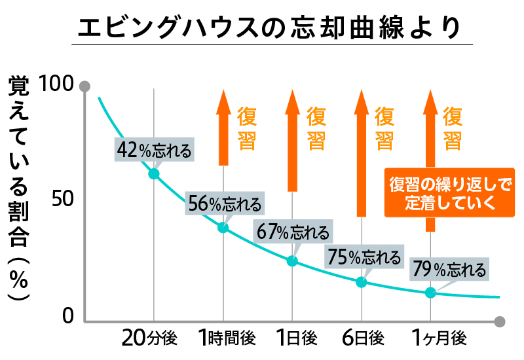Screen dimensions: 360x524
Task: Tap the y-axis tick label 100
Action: (58, 85)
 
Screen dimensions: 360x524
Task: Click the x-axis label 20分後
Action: (150, 338)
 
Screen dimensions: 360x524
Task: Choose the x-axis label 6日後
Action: (362, 338)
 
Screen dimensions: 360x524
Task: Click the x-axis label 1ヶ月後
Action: (438, 338)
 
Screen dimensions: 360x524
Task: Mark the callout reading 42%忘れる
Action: (154, 150)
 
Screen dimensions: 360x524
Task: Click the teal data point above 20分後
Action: (154, 173)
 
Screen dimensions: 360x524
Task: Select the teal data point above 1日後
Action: (292, 261)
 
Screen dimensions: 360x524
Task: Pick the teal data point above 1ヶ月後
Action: (430, 293)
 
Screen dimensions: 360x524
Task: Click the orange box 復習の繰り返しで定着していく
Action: (449, 193)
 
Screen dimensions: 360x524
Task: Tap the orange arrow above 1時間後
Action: (223, 128)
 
